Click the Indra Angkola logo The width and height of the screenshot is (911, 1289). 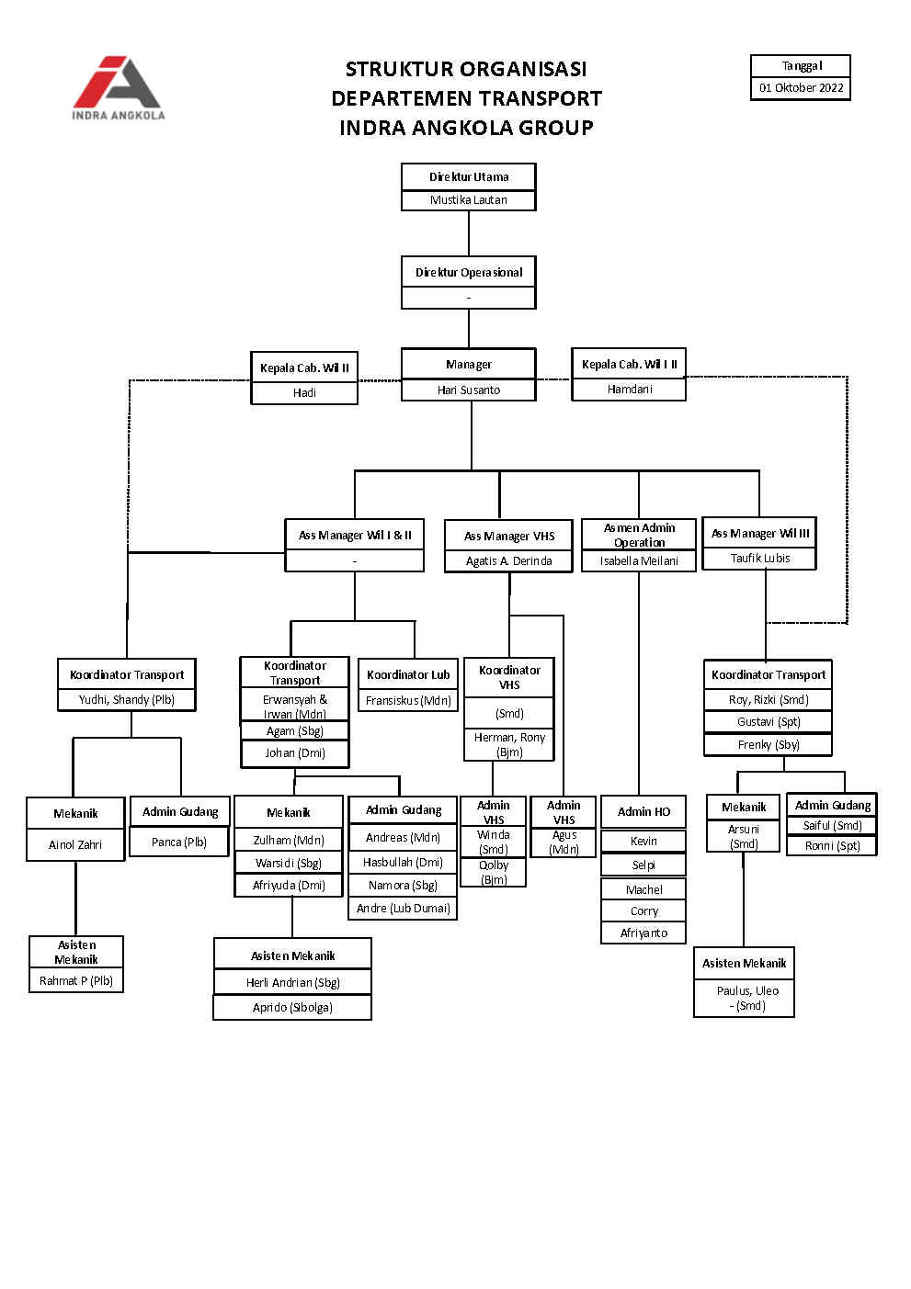(x=119, y=87)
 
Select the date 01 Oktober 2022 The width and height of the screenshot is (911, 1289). (x=801, y=88)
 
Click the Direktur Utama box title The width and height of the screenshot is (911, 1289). (x=469, y=176)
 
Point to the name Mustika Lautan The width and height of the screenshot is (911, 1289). (x=469, y=199)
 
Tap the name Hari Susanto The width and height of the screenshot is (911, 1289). (x=469, y=390)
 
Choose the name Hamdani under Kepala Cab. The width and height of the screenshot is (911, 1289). (x=630, y=390)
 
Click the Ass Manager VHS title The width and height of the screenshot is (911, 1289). (x=509, y=536)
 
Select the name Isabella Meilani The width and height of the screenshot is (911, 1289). (x=639, y=560)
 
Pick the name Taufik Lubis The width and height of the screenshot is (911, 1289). (x=760, y=558)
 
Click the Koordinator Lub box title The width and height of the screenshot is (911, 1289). (x=408, y=674)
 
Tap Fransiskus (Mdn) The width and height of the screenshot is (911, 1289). (x=408, y=700)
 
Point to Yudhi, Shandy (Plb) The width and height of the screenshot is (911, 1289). (x=127, y=699)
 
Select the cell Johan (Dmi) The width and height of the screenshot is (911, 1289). (x=295, y=752)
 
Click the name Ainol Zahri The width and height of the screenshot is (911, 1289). (x=75, y=844)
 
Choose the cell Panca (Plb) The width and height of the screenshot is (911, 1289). (x=179, y=842)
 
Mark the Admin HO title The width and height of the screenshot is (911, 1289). (x=643, y=811)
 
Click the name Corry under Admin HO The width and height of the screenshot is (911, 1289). (x=643, y=911)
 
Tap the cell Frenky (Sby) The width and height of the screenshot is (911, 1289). (x=769, y=744)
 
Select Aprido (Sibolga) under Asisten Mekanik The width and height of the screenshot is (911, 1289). (x=292, y=1007)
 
